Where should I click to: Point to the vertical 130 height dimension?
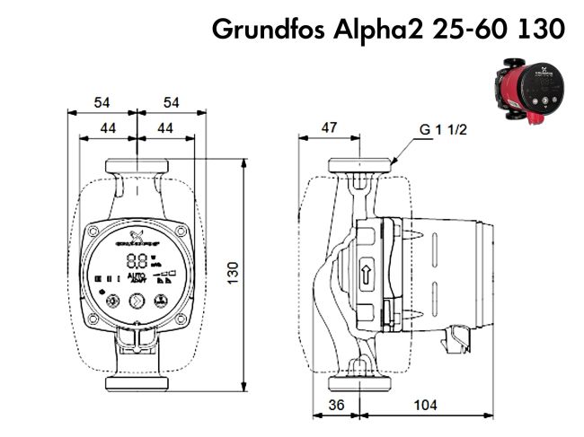[x=233, y=272]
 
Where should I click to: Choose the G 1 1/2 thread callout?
[x=444, y=129]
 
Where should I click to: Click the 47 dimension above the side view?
[x=329, y=128]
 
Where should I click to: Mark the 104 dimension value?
[x=425, y=406]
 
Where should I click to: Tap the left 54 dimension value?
[x=102, y=103]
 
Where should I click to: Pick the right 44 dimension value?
[x=165, y=128]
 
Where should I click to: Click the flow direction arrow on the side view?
[x=367, y=275]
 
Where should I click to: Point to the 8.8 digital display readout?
[x=137, y=262]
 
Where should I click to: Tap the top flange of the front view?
[x=137, y=167]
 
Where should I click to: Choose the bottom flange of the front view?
[x=137, y=383]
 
